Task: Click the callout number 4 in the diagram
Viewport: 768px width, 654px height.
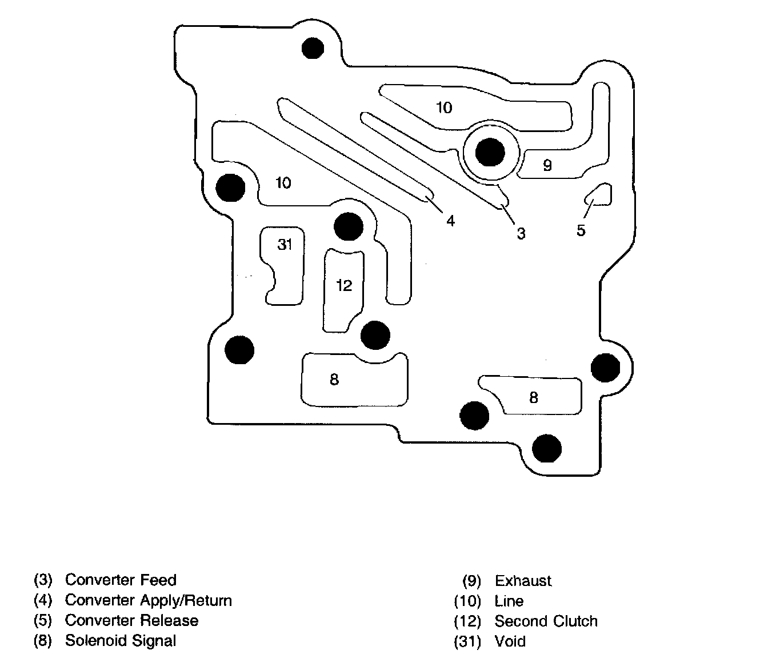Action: tap(450, 221)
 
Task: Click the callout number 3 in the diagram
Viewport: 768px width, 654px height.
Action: tap(521, 233)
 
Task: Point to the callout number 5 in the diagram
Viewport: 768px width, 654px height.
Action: tap(581, 230)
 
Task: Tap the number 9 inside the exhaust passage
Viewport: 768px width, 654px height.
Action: tap(547, 166)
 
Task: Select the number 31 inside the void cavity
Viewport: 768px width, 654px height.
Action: tap(285, 245)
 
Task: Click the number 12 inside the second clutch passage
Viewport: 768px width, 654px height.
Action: tap(344, 285)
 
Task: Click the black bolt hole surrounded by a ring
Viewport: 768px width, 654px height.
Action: tap(490, 153)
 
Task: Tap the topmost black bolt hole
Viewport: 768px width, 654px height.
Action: tap(313, 48)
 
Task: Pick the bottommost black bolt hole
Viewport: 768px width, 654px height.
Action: tap(547, 448)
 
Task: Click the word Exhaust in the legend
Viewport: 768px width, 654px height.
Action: tap(523, 581)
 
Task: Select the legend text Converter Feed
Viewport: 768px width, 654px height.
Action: tap(121, 580)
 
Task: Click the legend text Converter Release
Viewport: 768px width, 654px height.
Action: tap(131, 621)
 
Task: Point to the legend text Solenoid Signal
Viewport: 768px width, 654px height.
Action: tap(121, 641)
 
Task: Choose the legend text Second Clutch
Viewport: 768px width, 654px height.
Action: tap(546, 621)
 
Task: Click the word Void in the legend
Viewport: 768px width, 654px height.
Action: tap(510, 641)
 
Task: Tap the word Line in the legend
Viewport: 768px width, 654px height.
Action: tap(509, 601)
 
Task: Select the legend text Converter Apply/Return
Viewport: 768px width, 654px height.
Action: tap(149, 600)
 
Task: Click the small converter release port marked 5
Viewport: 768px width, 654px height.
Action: tap(599, 195)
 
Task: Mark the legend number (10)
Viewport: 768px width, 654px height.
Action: tap(467, 601)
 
